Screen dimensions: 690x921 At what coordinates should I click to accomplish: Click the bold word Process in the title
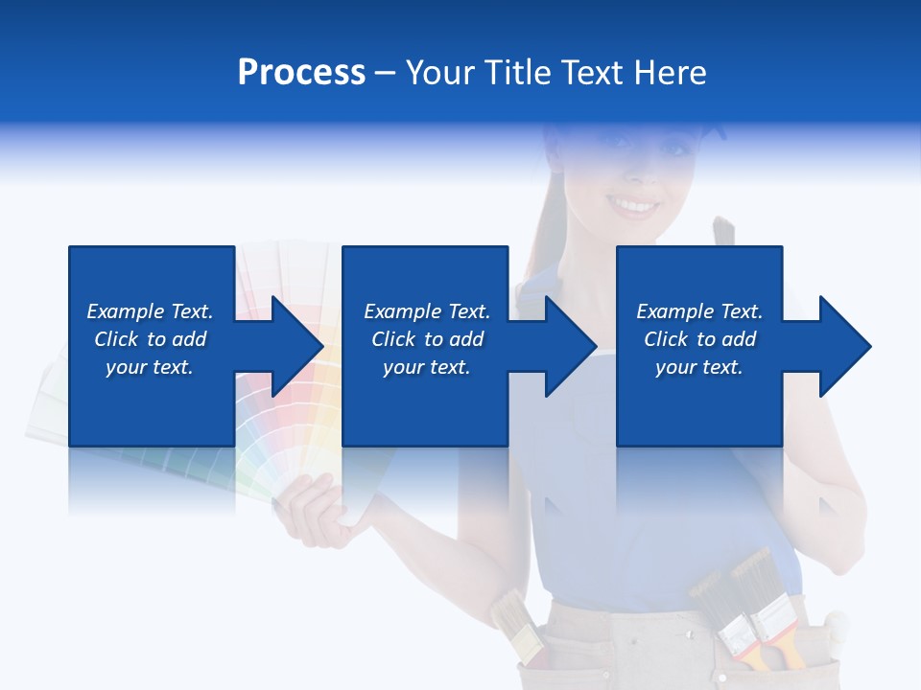[301, 73]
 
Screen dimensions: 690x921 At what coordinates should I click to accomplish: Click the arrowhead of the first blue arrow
[298, 346]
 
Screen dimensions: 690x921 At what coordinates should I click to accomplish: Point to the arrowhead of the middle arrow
[572, 346]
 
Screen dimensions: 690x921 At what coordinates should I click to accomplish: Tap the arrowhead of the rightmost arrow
[845, 346]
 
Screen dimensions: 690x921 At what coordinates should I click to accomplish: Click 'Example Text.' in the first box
[150, 311]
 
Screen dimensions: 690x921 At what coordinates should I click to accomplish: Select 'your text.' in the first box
[150, 367]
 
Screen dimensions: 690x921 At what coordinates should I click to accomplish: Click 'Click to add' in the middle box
[427, 339]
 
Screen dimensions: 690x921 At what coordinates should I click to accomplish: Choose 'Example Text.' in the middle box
[427, 311]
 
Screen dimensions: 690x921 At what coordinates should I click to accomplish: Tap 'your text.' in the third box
[699, 367]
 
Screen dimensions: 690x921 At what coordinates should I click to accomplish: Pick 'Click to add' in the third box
[699, 339]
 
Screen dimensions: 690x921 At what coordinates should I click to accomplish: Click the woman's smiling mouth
[634, 205]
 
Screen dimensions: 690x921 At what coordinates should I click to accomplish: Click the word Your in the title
[440, 73]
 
